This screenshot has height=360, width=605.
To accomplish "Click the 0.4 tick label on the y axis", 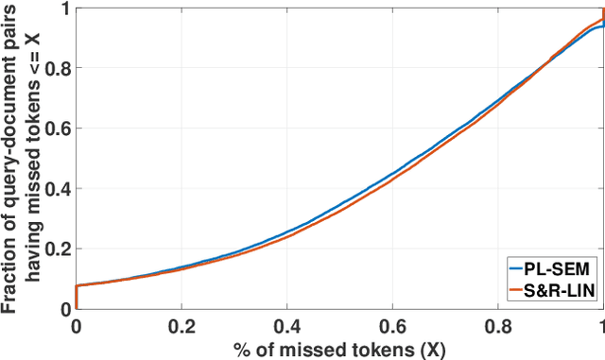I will coord(55,188).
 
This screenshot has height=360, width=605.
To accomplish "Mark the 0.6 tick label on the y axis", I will coord(55,128).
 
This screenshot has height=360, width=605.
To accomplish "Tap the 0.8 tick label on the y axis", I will coord(55,68).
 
